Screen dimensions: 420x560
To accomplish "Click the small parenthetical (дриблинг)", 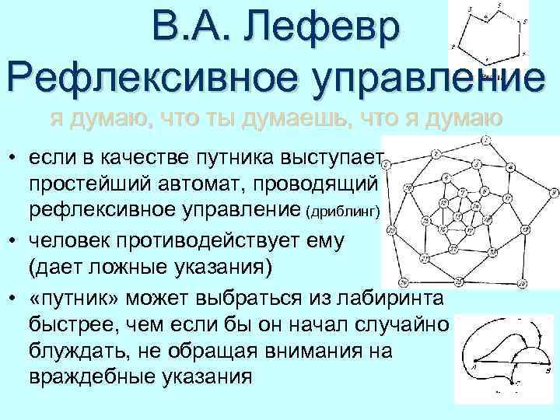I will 342,212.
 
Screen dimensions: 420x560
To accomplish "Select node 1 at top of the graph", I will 486,141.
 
